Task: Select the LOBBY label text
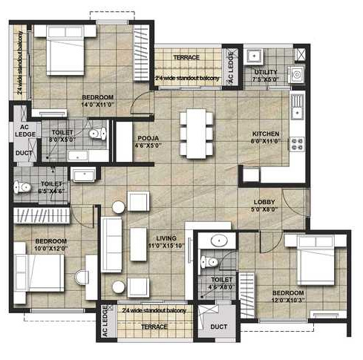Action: click(264, 203)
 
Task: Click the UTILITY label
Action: click(265, 72)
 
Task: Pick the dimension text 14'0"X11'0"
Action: click(97, 105)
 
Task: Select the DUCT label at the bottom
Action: click(218, 327)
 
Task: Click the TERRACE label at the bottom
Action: click(154, 327)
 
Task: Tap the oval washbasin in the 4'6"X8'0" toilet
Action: click(220, 240)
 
